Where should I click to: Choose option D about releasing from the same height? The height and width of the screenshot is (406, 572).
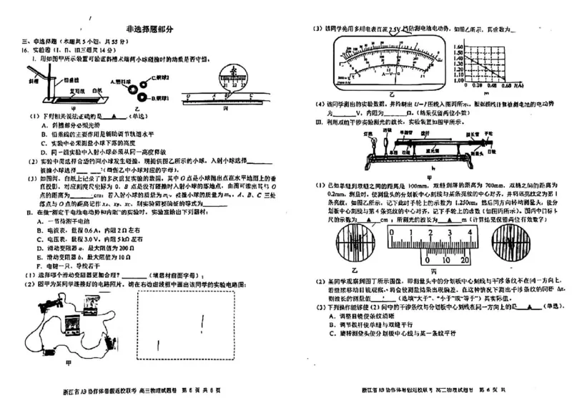(89, 153)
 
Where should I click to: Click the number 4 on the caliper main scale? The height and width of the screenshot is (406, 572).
(448, 233)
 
